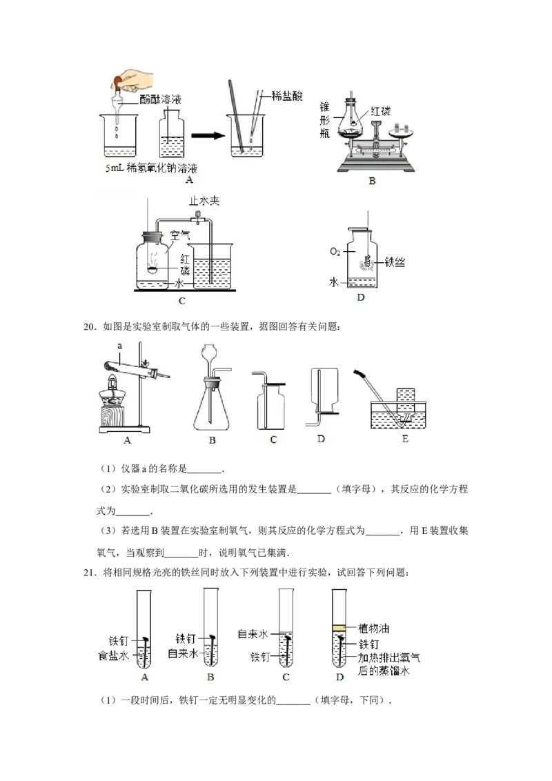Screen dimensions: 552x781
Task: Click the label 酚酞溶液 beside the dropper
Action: (x=160, y=99)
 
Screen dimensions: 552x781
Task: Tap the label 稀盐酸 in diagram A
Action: (x=287, y=96)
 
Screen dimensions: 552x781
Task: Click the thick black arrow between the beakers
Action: (x=208, y=135)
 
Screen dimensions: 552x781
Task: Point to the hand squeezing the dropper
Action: (x=132, y=79)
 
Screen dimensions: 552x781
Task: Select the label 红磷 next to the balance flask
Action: (x=380, y=111)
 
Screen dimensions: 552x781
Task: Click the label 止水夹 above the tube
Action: (x=204, y=201)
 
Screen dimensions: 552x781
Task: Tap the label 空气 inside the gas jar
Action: (x=180, y=235)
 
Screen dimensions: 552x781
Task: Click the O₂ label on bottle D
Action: (x=335, y=252)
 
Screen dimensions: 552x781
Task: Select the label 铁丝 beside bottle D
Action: (x=395, y=261)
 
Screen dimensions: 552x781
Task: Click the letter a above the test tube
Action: (x=119, y=346)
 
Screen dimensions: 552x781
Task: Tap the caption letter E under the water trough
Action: (x=405, y=439)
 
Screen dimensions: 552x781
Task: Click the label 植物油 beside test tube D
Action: (x=374, y=628)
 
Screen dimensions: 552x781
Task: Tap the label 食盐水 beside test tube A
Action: (x=113, y=656)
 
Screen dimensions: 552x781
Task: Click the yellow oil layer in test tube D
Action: (x=339, y=628)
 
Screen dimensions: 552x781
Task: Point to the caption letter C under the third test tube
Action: (x=286, y=677)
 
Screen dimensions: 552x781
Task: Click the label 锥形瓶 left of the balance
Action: (x=325, y=120)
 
